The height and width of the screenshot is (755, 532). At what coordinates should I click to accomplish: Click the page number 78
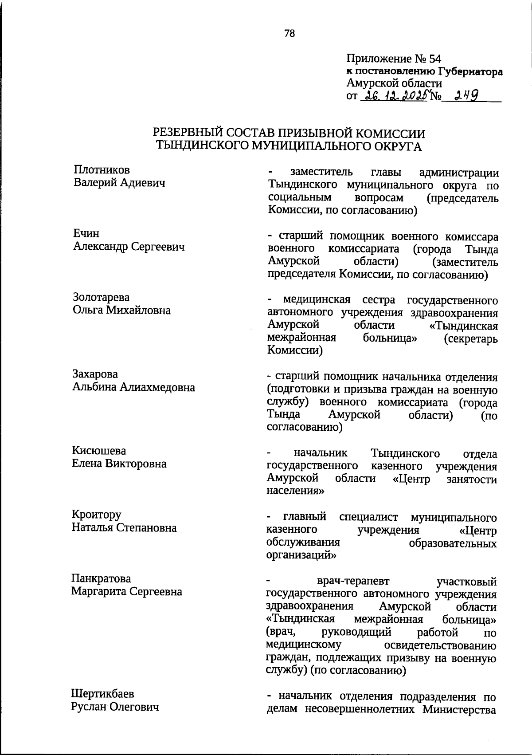point(289,33)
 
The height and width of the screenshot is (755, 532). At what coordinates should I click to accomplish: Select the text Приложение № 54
point(394,59)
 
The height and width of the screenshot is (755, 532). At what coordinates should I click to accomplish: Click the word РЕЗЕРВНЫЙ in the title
point(192,133)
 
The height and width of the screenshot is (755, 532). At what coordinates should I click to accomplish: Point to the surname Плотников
point(102,169)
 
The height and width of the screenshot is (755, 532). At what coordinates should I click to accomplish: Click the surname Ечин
point(86,233)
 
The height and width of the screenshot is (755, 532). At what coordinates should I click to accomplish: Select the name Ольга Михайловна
point(121,310)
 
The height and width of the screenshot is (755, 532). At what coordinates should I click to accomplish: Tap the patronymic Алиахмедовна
point(159,387)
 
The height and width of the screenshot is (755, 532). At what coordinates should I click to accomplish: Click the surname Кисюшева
point(99,451)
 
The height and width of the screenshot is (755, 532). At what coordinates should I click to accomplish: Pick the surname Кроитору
point(96,515)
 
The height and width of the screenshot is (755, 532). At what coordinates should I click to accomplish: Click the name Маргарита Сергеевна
point(127,592)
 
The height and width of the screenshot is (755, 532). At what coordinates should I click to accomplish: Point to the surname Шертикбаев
point(102,694)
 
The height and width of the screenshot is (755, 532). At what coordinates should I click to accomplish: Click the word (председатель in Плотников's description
point(462,198)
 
